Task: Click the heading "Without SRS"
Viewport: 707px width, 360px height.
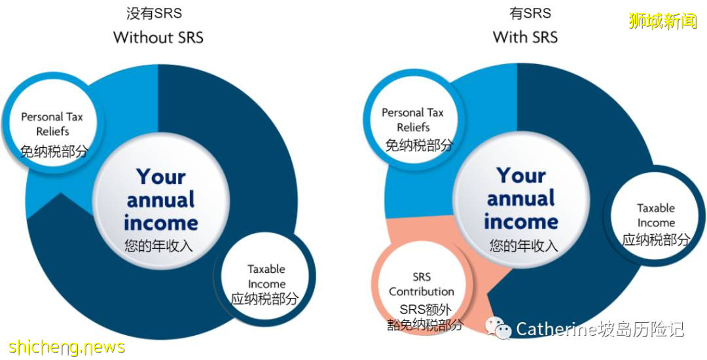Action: [x=158, y=37]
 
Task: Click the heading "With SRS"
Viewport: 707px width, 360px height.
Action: [x=525, y=37]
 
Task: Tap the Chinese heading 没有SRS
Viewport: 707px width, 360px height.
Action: [x=154, y=14]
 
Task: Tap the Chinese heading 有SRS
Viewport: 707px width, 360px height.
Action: [x=530, y=14]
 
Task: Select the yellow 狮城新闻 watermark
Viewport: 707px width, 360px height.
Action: [x=662, y=21]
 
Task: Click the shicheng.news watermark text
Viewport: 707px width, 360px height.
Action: [x=67, y=347]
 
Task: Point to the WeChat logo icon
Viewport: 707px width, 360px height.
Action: [x=498, y=327]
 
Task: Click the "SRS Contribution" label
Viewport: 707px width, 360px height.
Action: [x=422, y=284]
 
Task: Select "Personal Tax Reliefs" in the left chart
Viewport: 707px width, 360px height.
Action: [x=52, y=124]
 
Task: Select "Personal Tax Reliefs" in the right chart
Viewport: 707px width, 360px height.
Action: [x=413, y=120]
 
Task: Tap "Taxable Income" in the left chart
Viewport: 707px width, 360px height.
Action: [x=266, y=276]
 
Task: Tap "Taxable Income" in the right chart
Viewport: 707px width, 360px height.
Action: [x=656, y=215]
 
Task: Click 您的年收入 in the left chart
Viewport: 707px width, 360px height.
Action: [x=158, y=246]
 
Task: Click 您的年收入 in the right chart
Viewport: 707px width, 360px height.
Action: [x=524, y=245]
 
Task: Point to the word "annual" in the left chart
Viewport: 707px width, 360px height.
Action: [x=160, y=200]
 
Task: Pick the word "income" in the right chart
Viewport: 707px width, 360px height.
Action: [x=521, y=222]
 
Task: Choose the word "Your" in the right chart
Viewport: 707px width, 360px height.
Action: [x=521, y=175]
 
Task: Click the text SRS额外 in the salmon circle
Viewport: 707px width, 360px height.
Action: [x=426, y=310]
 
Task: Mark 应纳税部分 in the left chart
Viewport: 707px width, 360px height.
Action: [x=264, y=298]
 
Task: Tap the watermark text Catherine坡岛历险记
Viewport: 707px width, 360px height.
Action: [x=600, y=329]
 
